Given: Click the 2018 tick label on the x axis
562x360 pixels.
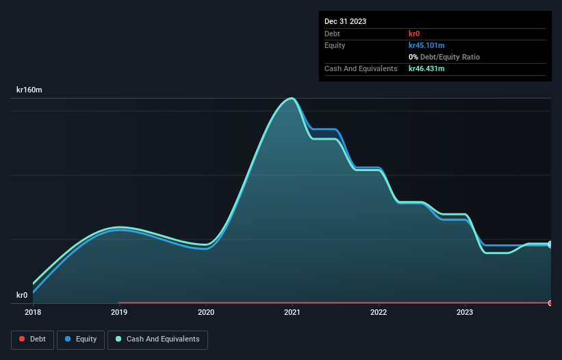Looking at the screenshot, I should coord(33,313).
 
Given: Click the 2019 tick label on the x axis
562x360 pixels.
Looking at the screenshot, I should coord(119,313).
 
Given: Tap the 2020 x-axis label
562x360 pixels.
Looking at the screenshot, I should coord(206,313).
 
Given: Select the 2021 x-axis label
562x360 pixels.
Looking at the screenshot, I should coord(292,313).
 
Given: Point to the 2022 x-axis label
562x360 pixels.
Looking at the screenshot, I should coord(379,313).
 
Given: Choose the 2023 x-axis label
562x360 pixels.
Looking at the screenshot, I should coord(465,313).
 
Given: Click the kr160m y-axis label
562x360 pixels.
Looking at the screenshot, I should coord(30,90).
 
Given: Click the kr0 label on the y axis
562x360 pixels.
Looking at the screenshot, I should coord(23,295).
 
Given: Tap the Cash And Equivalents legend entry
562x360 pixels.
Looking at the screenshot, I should coord(157,339).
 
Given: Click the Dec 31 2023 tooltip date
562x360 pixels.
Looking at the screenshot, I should coord(345,21).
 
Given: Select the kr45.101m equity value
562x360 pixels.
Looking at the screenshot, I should coord(426,45).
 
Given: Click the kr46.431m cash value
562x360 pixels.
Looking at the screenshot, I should coord(426,69).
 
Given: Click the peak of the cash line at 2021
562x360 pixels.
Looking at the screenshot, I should coord(292,99).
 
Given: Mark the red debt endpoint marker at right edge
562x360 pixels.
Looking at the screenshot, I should coord(550,303).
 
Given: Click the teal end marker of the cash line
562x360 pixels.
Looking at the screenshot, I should coord(550,244).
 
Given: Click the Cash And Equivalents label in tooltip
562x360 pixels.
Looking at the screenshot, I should coord(361,69).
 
